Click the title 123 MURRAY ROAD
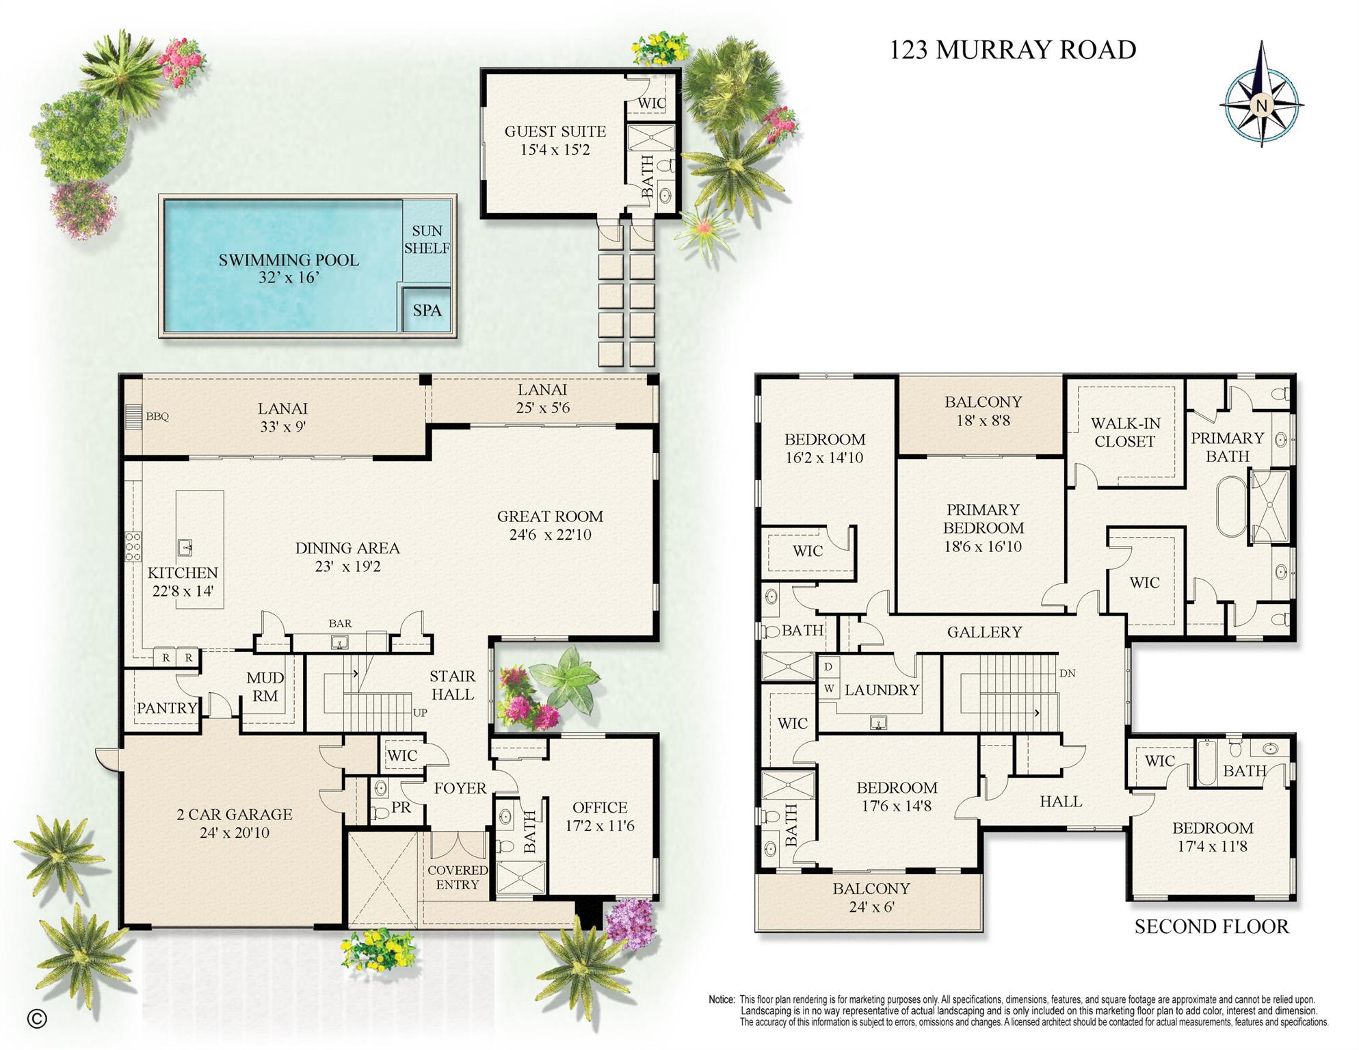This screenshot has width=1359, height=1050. click(x=1012, y=49)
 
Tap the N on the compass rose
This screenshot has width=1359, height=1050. click(x=1262, y=105)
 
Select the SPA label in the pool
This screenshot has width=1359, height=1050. click(x=427, y=310)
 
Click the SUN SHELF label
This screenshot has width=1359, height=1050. click(x=427, y=239)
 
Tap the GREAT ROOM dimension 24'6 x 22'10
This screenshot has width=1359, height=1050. click(x=550, y=535)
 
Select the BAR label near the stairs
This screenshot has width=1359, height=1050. click(x=340, y=623)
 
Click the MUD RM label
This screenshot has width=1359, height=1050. click(x=265, y=687)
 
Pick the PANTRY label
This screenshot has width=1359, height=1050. click(x=167, y=708)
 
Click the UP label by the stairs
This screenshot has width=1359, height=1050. click(x=420, y=712)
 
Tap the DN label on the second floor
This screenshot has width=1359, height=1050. click(x=1067, y=673)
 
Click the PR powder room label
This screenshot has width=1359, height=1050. click(x=401, y=807)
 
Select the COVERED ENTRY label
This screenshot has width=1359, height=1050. click(x=458, y=877)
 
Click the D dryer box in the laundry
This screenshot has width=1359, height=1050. click(x=828, y=666)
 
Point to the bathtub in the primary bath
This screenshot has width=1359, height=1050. click(x=1232, y=507)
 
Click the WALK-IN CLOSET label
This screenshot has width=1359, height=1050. click(x=1125, y=432)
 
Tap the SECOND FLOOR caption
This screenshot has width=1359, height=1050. click(x=1211, y=926)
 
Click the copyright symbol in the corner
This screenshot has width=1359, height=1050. click(x=37, y=1019)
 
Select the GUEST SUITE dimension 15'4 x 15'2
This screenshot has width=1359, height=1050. click(x=555, y=150)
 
